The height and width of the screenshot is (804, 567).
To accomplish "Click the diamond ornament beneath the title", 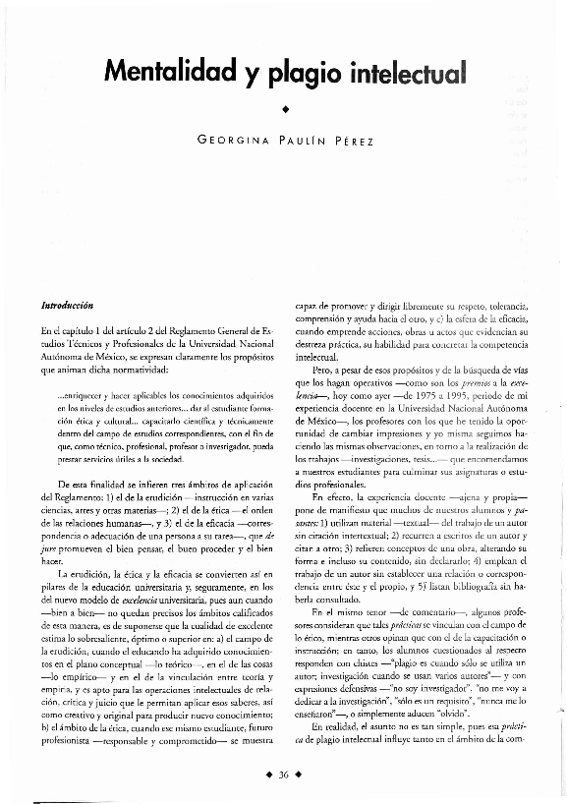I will [x=284, y=107].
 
